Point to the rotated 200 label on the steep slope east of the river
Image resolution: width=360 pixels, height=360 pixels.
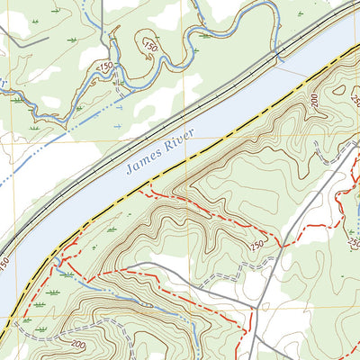coord(316,101)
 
